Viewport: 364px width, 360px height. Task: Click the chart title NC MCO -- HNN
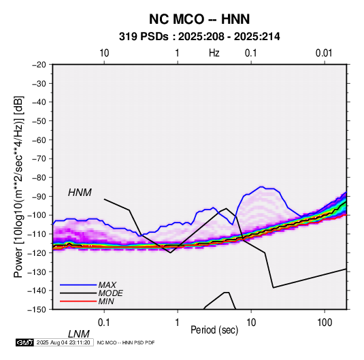[x=199, y=19]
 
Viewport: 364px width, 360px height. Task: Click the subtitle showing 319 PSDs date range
[x=199, y=37]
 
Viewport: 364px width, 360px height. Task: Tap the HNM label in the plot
[x=80, y=193]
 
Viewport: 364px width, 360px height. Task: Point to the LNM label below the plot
[x=79, y=334]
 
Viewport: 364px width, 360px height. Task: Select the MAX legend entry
[x=107, y=284]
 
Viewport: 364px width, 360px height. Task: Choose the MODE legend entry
[x=110, y=293]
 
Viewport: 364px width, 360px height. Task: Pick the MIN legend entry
[x=106, y=301]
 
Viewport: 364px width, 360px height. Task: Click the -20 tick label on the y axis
[x=39, y=65]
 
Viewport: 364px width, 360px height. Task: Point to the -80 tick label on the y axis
[x=39, y=178]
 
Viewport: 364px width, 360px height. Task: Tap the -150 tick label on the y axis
[x=37, y=310]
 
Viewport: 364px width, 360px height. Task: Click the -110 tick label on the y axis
[x=37, y=234]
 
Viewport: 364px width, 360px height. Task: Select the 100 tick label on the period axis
[x=325, y=323]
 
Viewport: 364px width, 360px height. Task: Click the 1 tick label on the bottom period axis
[x=178, y=323]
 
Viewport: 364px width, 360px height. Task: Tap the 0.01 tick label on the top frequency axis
[x=324, y=53]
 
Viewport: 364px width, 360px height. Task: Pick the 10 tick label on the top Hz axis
[x=104, y=53]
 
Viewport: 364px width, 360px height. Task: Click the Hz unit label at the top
[x=214, y=53]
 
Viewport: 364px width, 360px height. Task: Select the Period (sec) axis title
[x=214, y=330]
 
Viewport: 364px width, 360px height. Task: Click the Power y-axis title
[x=18, y=186]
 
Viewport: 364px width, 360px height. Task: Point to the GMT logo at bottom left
[x=24, y=342]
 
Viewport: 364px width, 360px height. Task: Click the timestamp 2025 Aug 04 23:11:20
[x=63, y=342]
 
